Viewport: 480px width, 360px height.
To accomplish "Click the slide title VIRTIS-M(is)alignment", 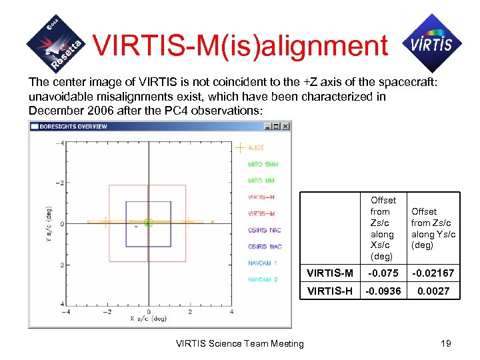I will point(240,45).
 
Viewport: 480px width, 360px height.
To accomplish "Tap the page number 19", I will point(445,343).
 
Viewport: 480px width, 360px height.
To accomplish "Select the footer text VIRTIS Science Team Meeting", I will point(239,343).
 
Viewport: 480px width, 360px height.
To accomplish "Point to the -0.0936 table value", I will point(383,291).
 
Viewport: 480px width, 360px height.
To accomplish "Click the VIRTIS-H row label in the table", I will point(329,291).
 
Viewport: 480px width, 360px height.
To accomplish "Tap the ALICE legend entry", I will point(256,147).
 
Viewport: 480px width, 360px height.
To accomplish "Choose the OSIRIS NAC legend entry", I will point(265,230).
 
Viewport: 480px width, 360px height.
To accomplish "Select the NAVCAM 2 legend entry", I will point(263,279).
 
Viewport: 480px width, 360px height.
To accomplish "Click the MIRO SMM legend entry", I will point(263,164).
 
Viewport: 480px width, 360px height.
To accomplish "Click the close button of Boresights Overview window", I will point(285,126).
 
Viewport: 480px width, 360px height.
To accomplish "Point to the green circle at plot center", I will point(148,223).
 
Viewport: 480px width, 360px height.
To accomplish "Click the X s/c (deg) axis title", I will point(148,319).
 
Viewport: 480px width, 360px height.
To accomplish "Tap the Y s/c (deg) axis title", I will point(49,223).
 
